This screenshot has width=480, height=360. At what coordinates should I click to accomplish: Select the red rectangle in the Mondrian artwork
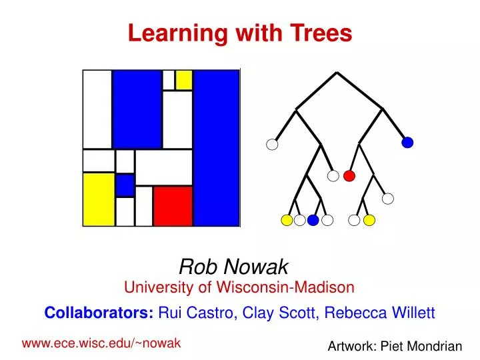pos(173,206)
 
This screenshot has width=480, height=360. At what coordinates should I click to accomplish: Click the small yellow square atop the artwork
pos(184,79)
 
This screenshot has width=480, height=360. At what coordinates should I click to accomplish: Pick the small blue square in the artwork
pos(125,185)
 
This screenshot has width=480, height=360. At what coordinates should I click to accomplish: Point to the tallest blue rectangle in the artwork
pos(216,147)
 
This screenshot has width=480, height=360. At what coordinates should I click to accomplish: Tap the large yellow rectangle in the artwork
pos(99,199)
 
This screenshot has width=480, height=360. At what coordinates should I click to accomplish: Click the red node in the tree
pos(349,176)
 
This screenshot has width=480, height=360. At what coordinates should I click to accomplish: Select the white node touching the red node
pos(334,176)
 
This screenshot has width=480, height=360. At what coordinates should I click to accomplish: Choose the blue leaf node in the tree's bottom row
pos(313,220)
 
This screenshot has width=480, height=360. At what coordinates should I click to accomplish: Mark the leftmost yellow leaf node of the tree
pos(286,220)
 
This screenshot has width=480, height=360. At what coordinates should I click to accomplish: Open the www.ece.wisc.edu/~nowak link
pos(101,343)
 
